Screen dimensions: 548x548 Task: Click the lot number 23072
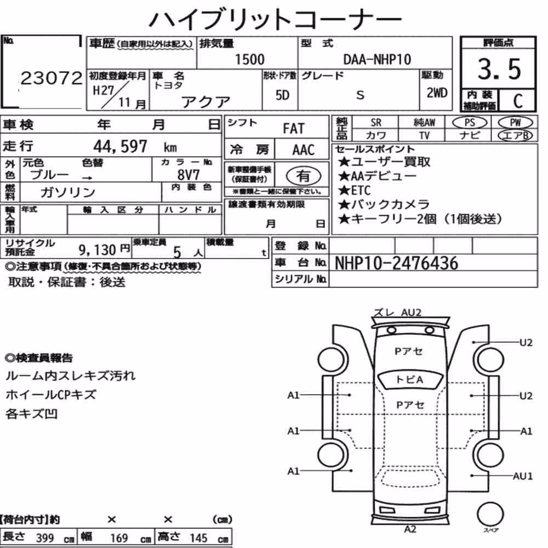point(52,78)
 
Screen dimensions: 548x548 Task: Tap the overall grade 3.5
point(499,69)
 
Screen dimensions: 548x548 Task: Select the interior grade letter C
point(518,101)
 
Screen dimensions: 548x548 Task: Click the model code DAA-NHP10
point(377,59)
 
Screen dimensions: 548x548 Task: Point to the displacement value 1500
point(249,59)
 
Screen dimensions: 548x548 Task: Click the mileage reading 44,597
point(120,146)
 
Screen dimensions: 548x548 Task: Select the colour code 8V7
point(189,174)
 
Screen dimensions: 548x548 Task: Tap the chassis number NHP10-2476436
point(396,263)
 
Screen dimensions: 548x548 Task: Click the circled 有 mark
point(304,176)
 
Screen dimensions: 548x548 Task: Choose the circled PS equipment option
point(470,123)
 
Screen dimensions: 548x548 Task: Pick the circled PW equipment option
point(515,123)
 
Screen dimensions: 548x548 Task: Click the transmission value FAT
point(294,129)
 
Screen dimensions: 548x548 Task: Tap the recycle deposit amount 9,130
point(97,250)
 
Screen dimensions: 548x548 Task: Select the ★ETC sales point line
point(355,190)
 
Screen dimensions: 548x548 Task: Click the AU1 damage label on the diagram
point(522,476)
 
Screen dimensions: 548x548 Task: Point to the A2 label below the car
point(410,529)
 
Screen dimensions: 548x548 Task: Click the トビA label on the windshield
point(409,380)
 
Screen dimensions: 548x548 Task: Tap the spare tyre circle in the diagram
point(490,515)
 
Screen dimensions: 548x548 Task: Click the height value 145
point(198,538)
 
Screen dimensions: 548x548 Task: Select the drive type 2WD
point(437,93)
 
